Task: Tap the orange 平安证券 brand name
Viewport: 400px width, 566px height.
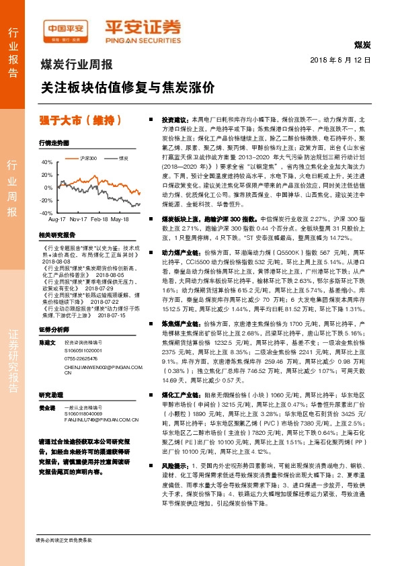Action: [143, 28]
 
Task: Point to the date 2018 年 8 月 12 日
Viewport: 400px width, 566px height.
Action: [342, 60]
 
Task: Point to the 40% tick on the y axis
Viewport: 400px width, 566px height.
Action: [46, 163]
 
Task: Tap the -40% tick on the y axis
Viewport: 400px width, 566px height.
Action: [46, 212]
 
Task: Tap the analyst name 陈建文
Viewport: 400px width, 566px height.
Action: [46, 342]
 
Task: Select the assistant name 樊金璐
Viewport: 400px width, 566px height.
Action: [46, 408]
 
